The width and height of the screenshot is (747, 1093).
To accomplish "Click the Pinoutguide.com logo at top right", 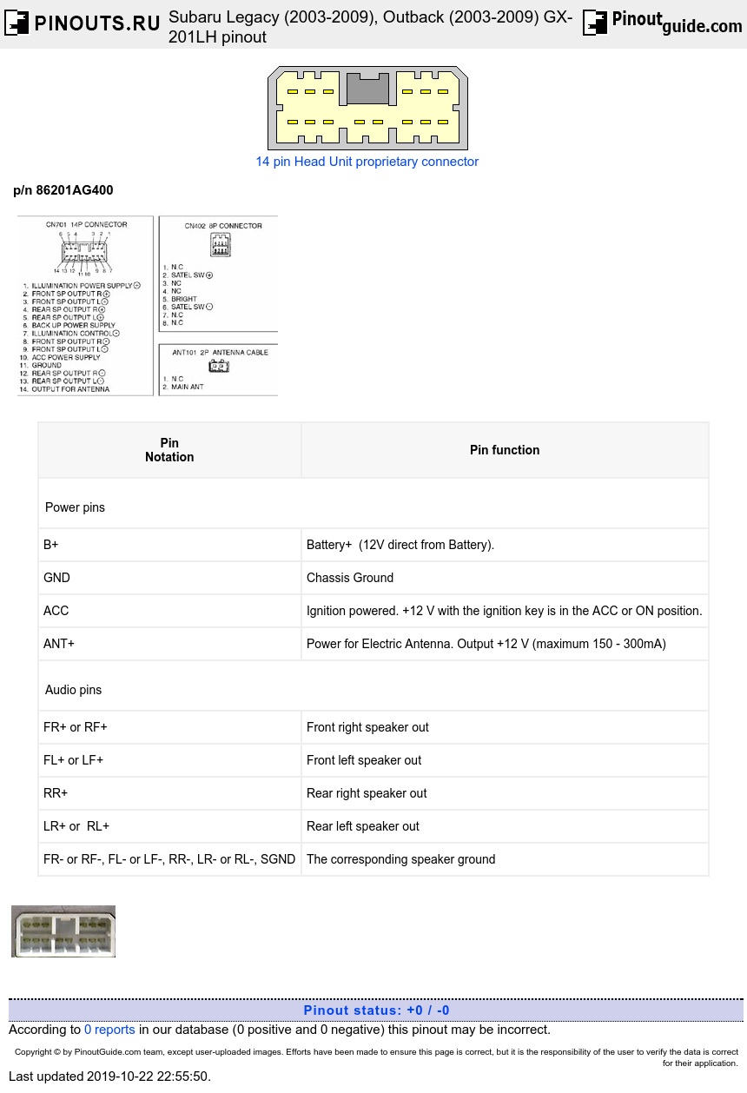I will [662, 23].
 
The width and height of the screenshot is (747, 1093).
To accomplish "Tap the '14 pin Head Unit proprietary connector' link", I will [367, 162].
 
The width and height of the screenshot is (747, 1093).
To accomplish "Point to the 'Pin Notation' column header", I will [169, 450].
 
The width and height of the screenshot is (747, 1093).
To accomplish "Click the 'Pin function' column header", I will [505, 450].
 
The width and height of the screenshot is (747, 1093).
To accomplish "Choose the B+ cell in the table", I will [51, 545].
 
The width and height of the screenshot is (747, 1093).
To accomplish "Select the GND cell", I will [56, 578].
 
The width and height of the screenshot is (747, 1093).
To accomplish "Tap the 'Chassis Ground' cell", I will [350, 578].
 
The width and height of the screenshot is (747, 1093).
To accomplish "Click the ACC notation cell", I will [56, 611].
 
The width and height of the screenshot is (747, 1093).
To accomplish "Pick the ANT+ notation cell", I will [59, 644].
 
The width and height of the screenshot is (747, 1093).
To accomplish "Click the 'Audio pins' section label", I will [73, 690].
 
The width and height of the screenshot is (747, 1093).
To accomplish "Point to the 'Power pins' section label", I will [75, 507].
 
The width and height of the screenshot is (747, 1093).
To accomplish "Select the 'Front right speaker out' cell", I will [367, 727].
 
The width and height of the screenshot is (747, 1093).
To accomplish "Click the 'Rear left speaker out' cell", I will [363, 826].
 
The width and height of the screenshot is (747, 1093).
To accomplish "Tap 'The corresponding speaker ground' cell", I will [400, 859].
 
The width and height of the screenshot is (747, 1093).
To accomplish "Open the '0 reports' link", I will [109, 1030].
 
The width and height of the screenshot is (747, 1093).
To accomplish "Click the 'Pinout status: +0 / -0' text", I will [376, 1010].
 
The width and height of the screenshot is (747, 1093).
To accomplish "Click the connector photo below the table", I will [63, 931].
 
